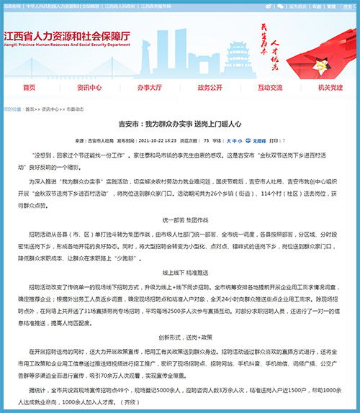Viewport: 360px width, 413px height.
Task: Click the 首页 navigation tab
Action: click(30, 87)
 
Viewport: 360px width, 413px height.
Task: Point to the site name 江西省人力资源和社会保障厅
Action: click(67, 37)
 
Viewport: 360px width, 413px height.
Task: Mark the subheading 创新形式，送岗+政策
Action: click(179, 336)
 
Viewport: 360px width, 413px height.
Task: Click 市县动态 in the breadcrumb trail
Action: click(76, 109)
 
